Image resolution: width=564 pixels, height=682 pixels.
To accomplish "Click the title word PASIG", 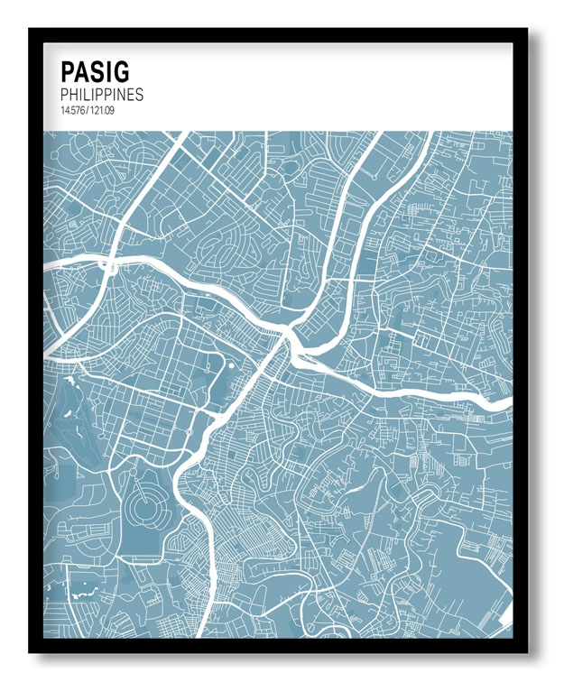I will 95,71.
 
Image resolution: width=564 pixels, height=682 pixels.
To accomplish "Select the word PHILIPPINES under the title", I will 101,95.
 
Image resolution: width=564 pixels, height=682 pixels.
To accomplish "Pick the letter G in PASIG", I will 120,71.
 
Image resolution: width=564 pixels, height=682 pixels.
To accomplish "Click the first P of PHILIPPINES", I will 65,95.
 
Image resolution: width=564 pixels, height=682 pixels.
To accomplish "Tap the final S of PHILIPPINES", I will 139,95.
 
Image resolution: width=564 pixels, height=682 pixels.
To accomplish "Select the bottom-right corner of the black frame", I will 526,650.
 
